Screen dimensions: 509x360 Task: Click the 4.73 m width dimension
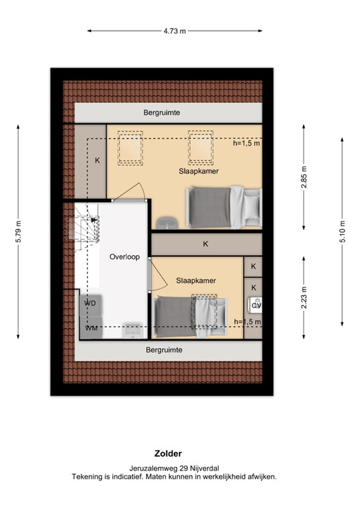point(174,30)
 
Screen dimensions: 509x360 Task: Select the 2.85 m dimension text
point(304,180)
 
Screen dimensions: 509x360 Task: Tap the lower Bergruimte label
point(164,349)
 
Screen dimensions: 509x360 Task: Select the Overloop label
point(125,257)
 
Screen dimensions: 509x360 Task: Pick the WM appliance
point(91,327)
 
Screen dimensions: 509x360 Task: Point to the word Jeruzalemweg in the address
point(150,469)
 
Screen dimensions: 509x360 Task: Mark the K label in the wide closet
point(206,244)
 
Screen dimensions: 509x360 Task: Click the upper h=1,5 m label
point(247,142)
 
